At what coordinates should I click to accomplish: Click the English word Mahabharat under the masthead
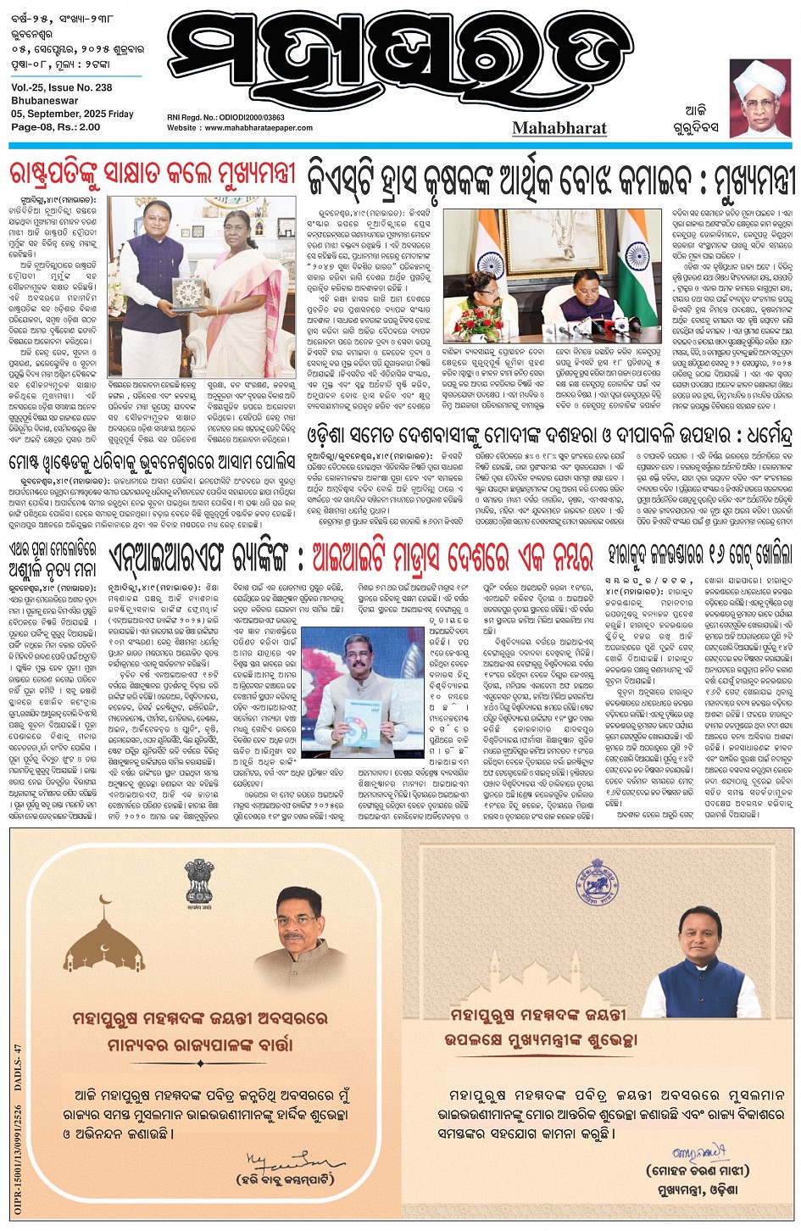pyautogui.click(x=559, y=128)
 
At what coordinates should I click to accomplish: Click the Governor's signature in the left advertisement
pyautogui.click(x=282, y=1161)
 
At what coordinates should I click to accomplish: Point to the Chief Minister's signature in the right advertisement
pyautogui.click(x=697, y=1153)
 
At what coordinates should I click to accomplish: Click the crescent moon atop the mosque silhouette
pyautogui.click(x=106, y=900)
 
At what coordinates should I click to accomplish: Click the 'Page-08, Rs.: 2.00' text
pyautogui.click(x=56, y=127)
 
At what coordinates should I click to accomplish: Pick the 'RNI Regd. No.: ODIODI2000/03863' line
pyautogui.click(x=225, y=118)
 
